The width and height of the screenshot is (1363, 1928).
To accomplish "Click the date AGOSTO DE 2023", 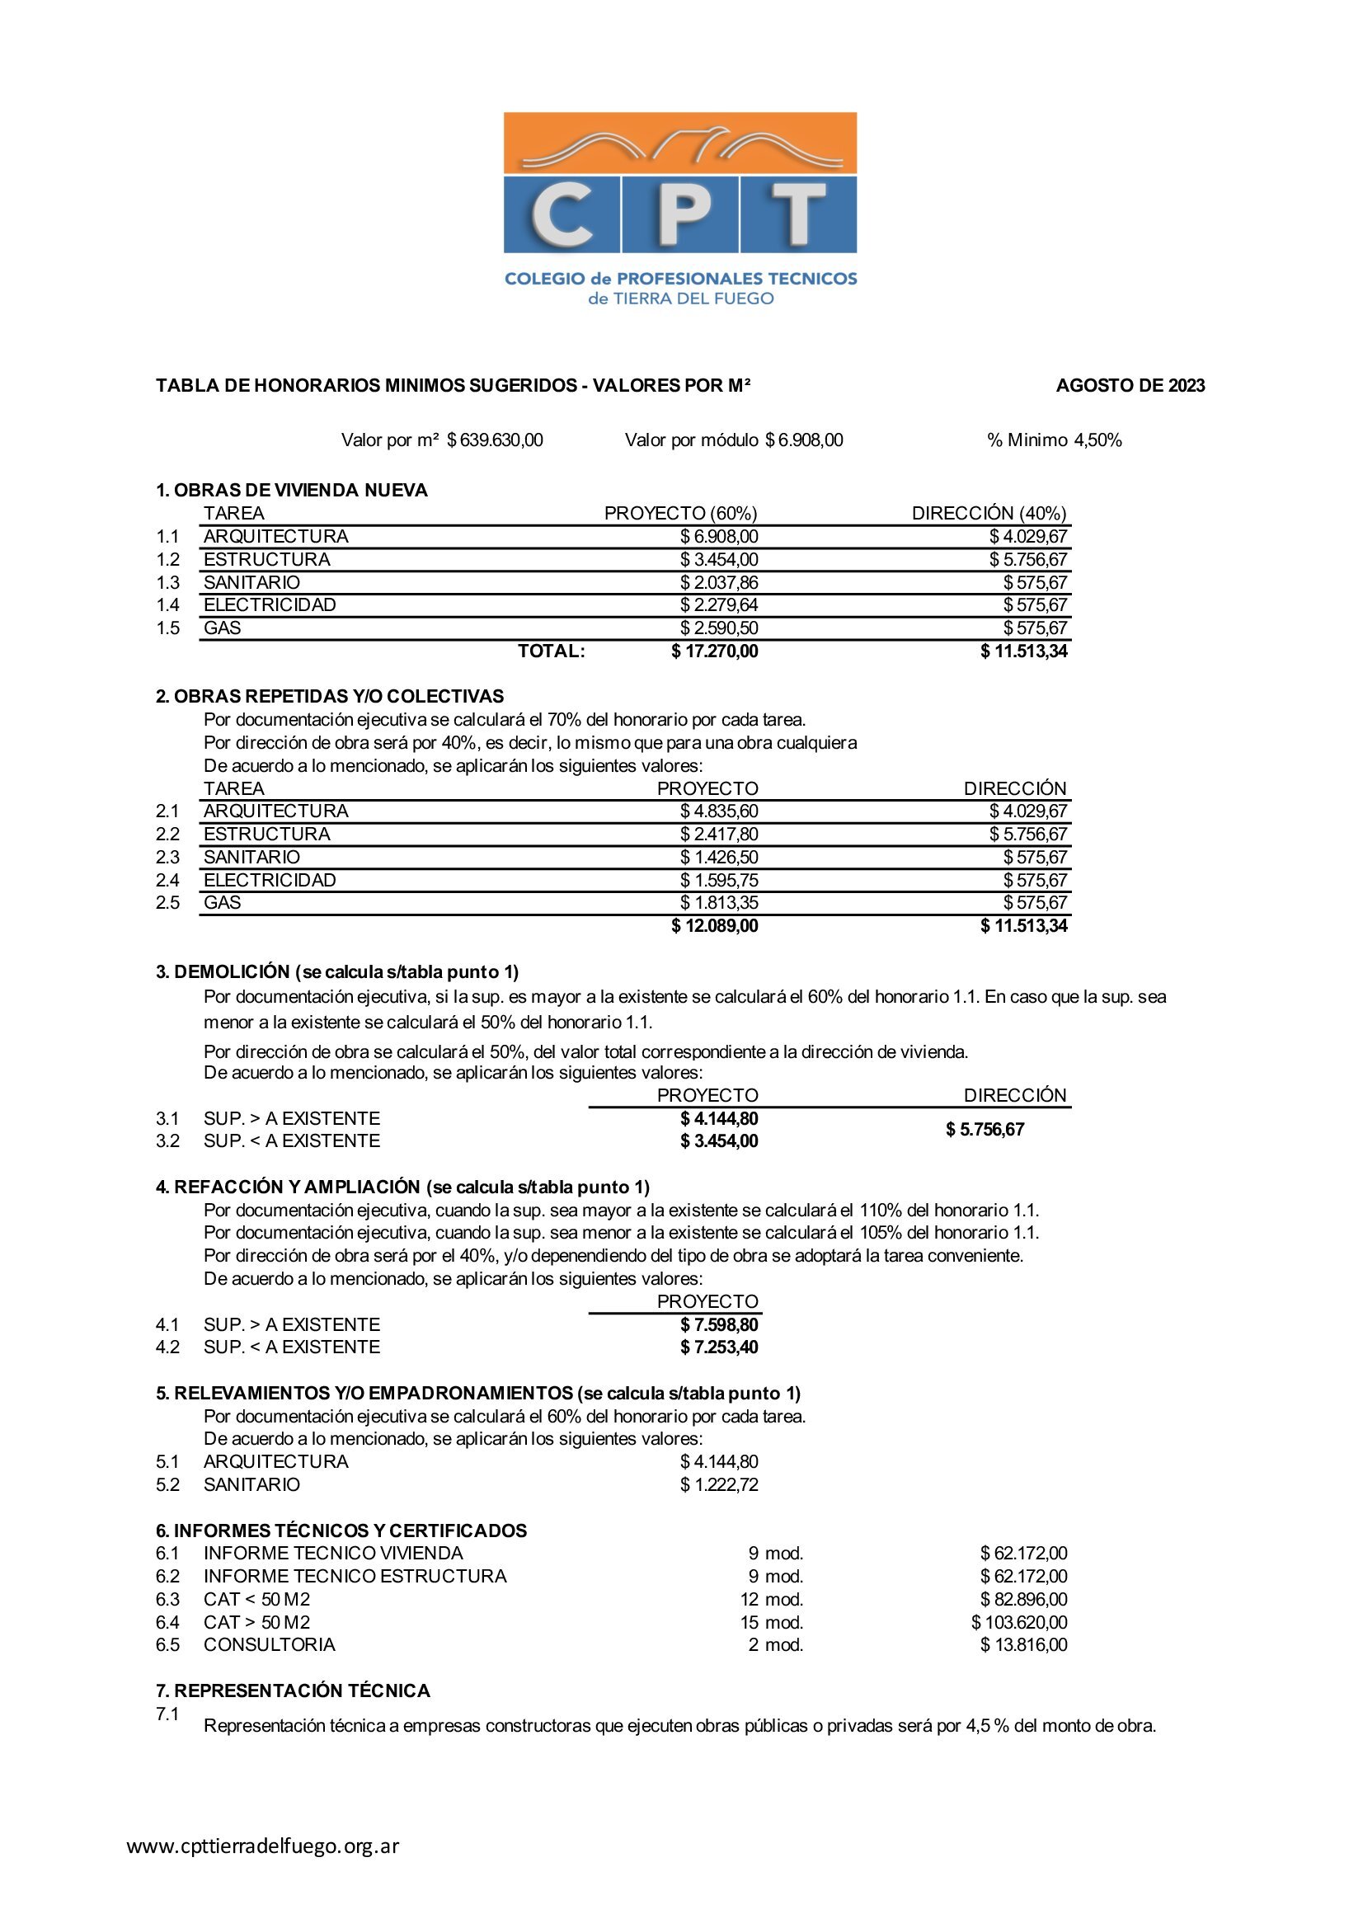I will pyautogui.click(x=1130, y=385).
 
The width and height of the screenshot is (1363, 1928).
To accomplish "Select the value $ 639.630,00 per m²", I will pyautogui.click(x=495, y=440).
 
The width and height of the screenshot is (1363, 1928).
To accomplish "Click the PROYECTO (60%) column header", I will pyautogui.click(x=680, y=513).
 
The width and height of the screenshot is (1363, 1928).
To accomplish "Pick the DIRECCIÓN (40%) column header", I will pyautogui.click(x=989, y=513).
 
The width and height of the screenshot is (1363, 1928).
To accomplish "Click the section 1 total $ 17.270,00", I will pyautogui.click(x=715, y=651).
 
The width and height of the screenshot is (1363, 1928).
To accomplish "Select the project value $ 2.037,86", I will pyautogui.click(x=719, y=582).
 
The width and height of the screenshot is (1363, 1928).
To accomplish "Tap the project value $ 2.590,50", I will pyautogui.click(x=719, y=628).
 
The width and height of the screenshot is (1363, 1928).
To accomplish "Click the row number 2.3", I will pyautogui.click(x=167, y=858).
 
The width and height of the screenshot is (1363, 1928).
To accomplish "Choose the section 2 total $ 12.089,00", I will pyautogui.click(x=715, y=925).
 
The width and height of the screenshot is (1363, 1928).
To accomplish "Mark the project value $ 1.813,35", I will pyautogui.click(x=719, y=903).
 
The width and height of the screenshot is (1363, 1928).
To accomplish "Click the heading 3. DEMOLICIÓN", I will pyautogui.click(x=223, y=971).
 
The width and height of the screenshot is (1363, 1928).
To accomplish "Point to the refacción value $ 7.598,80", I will pyautogui.click(x=719, y=1324).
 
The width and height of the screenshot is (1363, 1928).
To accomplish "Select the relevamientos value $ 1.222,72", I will pyautogui.click(x=719, y=1484).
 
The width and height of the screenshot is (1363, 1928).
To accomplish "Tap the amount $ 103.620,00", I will pyautogui.click(x=1018, y=1622).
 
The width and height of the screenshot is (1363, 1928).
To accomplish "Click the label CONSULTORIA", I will pyautogui.click(x=269, y=1644).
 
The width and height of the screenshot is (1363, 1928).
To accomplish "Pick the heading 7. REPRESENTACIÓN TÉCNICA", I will pyautogui.click(x=293, y=1691).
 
